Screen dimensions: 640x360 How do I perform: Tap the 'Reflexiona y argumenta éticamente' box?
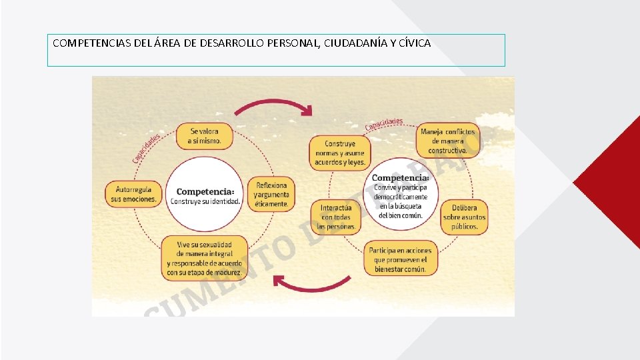pos(272,194)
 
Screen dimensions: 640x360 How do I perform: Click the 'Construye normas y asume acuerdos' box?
pos(340,153)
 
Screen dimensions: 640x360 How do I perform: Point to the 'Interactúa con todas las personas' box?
pos(336,217)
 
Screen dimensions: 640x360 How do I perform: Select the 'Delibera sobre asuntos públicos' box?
pos(465,217)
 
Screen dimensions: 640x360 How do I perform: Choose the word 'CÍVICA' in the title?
pos(415,43)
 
